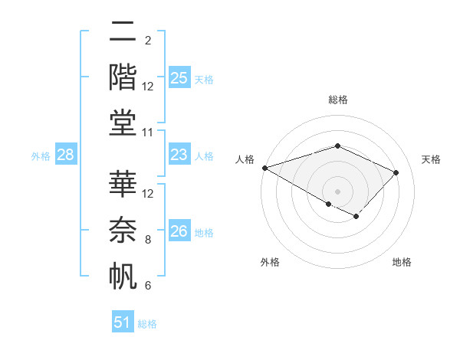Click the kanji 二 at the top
[x=123, y=33]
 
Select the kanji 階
[x=123, y=77]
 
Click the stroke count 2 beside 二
[x=148, y=40]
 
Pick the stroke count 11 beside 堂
[x=148, y=133]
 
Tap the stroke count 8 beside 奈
[x=148, y=240]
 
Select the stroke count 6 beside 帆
[x=148, y=286]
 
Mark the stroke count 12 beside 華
[x=148, y=194]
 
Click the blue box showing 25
[x=179, y=78]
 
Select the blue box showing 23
[x=179, y=155]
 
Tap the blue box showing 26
[x=179, y=232]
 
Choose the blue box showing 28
[x=66, y=155]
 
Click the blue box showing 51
[x=123, y=322]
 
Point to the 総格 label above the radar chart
[x=337, y=100]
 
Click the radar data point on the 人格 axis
[x=264, y=167]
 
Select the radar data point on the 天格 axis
[x=396, y=172]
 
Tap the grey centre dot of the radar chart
[x=337, y=191]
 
